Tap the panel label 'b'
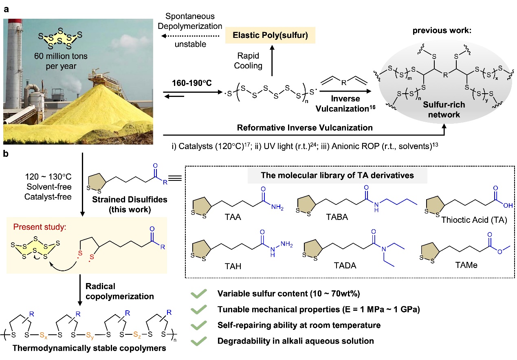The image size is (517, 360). click(x=6, y=154)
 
